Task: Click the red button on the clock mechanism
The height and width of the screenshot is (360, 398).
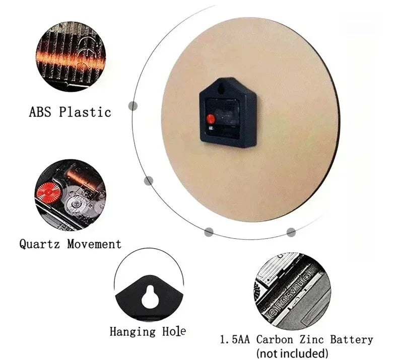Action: pyautogui.click(x=211, y=118)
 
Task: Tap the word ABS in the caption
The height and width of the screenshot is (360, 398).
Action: pyautogui.click(x=40, y=112)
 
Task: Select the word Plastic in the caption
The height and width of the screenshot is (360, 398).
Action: pyautogui.click(x=85, y=112)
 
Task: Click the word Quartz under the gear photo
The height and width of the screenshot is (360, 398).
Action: pyautogui.click(x=40, y=244)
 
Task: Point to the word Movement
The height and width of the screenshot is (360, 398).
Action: pyautogui.click(x=94, y=244)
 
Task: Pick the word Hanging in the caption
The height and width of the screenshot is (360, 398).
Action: pyautogui.click(x=132, y=332)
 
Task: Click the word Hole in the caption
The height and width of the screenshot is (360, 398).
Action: pyautogui.click(x=174, y=331)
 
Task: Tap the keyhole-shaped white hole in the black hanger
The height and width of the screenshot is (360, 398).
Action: pyautogui.click(x=150, y=297)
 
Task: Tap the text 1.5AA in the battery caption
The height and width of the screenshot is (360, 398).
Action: pyautogui.click(x=235, y=339)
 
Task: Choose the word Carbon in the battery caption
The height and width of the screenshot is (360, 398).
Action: pyautogui.click(x=275, y=339)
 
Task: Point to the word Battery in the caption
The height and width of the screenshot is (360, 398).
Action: pyautogui.click(x=352, y=340)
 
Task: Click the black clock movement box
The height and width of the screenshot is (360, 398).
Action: pyautogui.click(x=228, y=112)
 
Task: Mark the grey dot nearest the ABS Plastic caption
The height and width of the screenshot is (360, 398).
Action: pyautogui.click(x=133, y=106)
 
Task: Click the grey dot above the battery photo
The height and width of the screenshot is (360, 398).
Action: pyautogui.click(x=291, y=232)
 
